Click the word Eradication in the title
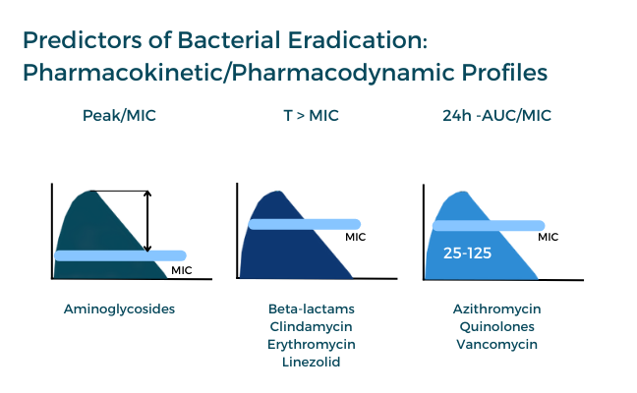357,40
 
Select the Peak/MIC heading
119,116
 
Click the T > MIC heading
311,116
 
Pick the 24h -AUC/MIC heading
496,116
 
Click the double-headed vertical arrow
147,221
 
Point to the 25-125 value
467,253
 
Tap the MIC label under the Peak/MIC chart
181,270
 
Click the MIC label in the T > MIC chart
356,237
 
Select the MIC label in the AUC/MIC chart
548,237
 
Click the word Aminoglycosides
119,309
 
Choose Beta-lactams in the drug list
312,309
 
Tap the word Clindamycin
311,327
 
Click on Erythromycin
312,344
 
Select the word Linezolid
312,362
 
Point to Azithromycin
496,309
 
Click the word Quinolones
496,327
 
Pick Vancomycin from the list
496,344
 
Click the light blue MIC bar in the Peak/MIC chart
120,255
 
